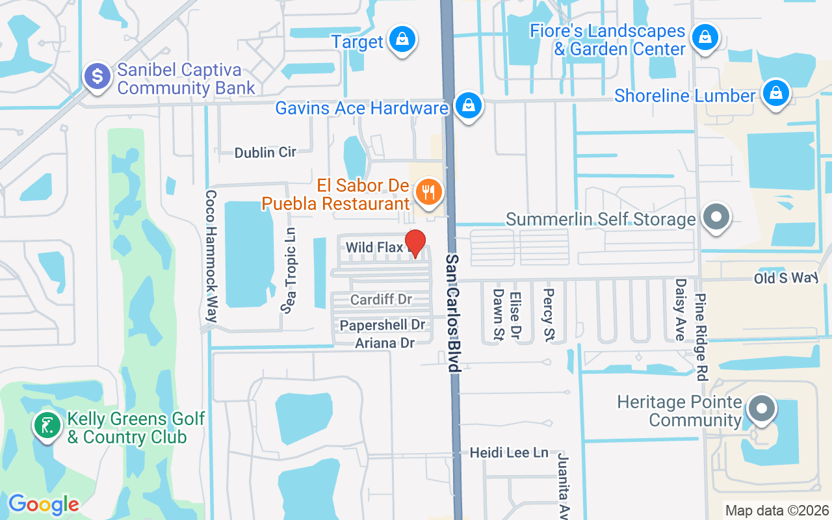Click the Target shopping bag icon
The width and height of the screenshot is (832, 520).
coord(402,40)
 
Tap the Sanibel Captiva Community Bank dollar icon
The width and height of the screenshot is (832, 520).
coord(98,77)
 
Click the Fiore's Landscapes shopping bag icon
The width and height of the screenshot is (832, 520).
coord(705,37)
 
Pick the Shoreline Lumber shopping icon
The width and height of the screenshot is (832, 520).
coord(775,93)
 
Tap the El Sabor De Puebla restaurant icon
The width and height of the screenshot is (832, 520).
coord(428,192)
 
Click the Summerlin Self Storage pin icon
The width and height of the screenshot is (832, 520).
coord(717,217)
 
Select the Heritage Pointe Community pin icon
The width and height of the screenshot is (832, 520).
coord(762,409)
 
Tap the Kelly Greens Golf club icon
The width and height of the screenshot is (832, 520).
coord(47,426)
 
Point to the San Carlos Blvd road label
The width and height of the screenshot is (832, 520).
coord(453,312)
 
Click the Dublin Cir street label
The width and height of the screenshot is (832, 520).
coord(265,152)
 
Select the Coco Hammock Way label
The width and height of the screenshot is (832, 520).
coord(211,256)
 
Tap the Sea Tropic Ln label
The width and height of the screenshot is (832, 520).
coord(289,270)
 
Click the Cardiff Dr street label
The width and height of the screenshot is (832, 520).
coord(381,300)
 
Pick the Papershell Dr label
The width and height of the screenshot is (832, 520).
coord(382,324)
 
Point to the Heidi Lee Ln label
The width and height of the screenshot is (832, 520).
coord(509,452)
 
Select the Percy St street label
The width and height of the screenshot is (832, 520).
coord(549,315)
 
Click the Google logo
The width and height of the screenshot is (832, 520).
coord(44,504)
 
